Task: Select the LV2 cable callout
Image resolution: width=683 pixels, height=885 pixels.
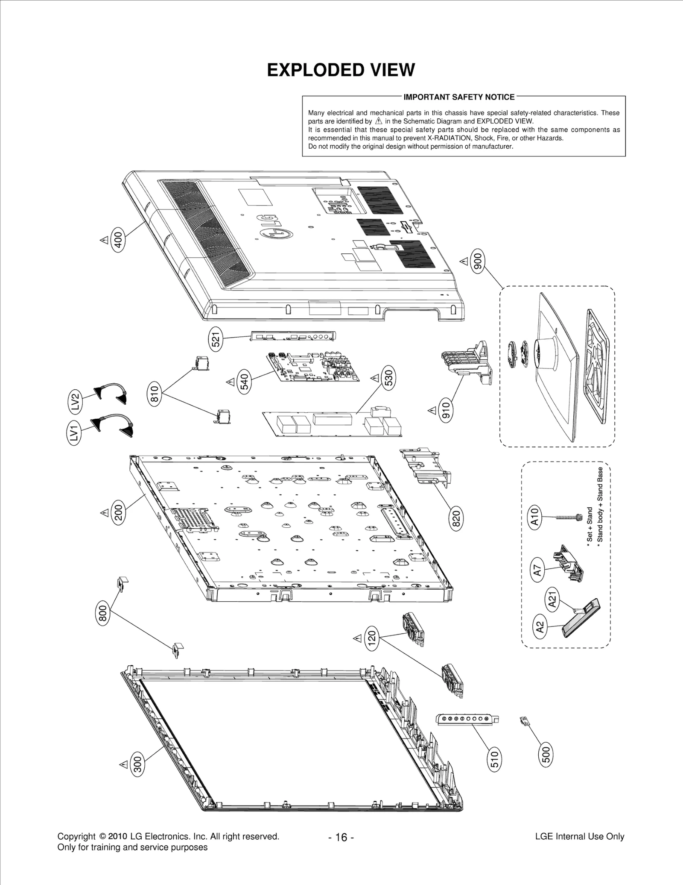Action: pyautogui.click(x=75, y=402)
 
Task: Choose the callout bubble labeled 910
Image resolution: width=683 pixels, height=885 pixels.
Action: pyautogui.click(x=446, y=411)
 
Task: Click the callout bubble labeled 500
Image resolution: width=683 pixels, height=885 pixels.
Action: pyautogui.click(x=546, y=754)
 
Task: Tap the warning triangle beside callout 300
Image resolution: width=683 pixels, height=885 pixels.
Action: pyautogui.click(x=124, y=764)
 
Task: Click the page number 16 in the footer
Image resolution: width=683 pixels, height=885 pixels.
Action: pyautogui.click(x=341, y=837)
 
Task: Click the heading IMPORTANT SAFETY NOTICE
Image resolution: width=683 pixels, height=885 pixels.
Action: pyautogui.click(x=459, y=97)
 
